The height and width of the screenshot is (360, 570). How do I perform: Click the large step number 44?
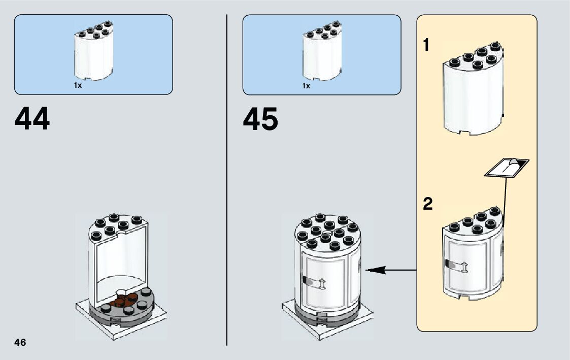(x=32, y=120)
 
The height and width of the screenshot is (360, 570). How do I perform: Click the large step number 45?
(x=260, y=120)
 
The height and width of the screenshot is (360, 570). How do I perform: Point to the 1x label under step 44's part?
(x=78, y=86)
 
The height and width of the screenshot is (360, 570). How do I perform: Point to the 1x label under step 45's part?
(x=306, y=86)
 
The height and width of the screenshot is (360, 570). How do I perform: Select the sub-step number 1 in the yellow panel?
(x=426, y=46)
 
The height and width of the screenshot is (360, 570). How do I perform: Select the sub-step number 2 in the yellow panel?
(x=428, y=205)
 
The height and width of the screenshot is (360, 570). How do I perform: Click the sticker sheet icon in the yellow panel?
(x=507, y=167)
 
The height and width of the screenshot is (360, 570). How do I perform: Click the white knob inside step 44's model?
(x=123, y=291)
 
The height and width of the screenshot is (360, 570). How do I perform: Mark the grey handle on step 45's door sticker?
(x=308, y=280)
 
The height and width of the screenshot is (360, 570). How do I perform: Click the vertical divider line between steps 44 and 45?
(x=226, y=178)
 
